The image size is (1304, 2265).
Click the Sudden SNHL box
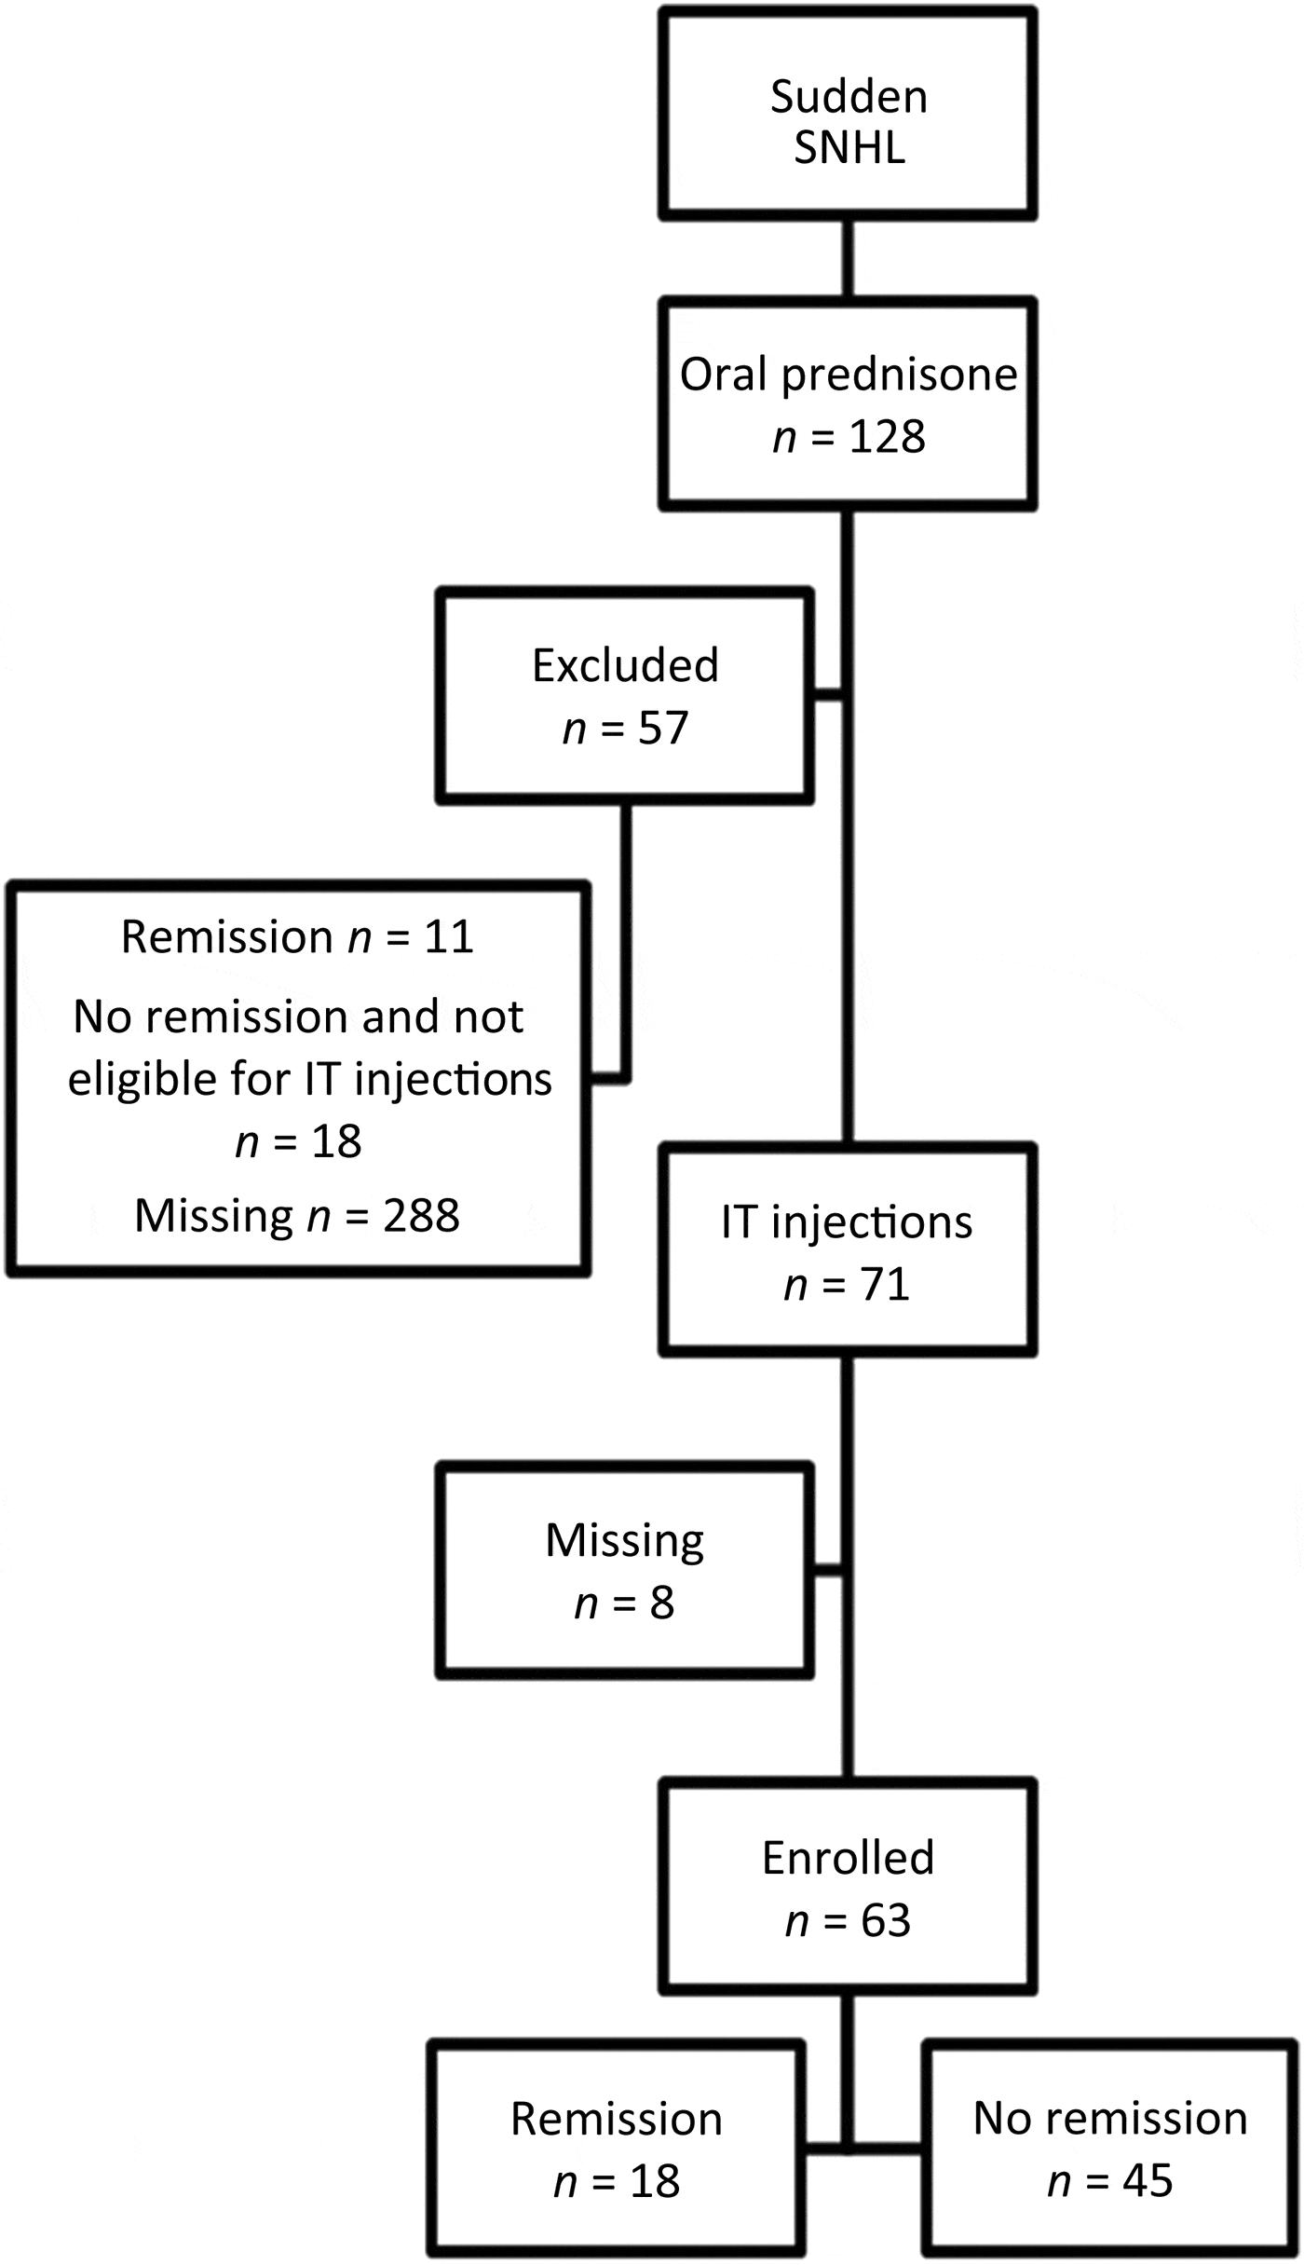pyautogui.click(x=848, y=114)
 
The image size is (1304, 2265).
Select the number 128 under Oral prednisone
pyautogui.click(x=887, y=436)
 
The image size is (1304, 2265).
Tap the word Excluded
pyautogui.click(x=625, y=665)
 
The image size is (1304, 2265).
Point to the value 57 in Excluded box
pyautogui.click(x=662, y=728)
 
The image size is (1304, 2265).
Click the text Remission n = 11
pyautogui.click(x=297, y=936)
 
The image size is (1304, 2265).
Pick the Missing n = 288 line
pyautogui.click(x=297, y=1216)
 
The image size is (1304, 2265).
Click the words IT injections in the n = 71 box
pyautogui.click(x=847, y=1221)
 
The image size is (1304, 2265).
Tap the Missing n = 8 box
pyautogui.click(x=623, y=1571)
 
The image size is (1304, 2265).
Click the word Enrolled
pyautogui.click(x=848, y=1858)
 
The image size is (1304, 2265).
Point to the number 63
pyautogui.click(x=885, y=1920)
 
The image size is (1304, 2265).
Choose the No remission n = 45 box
pyautogui.click(x=1109, y=2149)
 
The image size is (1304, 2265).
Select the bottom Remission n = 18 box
pyautogui.click(x=617, y=2149)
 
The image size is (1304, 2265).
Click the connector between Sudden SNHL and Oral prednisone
pyautogui.click(x=848, y=259)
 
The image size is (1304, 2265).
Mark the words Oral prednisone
pyautogui.click(x=848, y=375)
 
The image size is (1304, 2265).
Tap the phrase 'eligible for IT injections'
pyautogui.click(x=310, y=1080)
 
